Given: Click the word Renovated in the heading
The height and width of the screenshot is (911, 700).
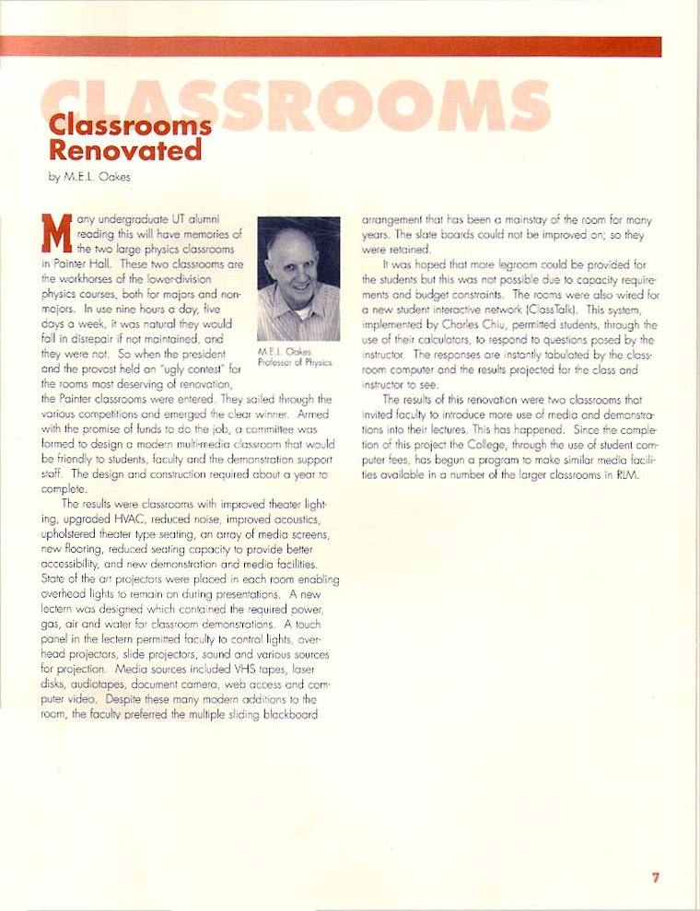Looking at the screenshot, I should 125,148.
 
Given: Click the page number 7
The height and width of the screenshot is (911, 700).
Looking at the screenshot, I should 656,877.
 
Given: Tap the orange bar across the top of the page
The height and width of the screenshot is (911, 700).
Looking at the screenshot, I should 350,46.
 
